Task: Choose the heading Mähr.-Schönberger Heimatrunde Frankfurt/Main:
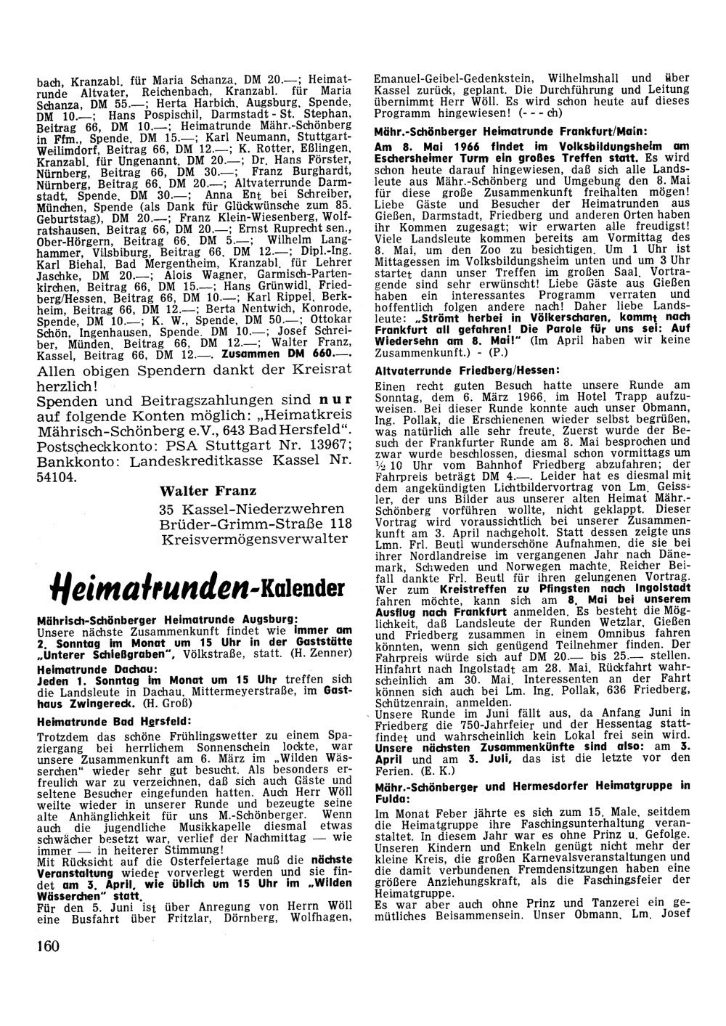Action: point(499,132)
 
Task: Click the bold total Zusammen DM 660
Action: point(295,354)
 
